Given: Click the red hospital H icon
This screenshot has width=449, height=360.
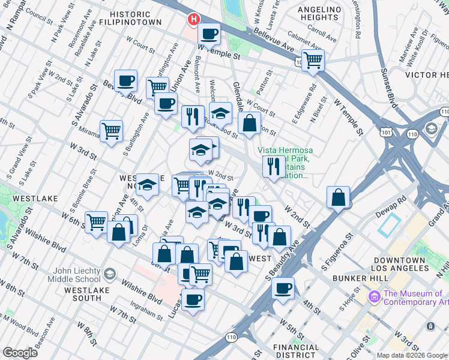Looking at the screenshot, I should [x=194, y=19].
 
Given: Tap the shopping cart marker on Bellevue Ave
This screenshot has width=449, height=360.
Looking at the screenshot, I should [x=313, y=60].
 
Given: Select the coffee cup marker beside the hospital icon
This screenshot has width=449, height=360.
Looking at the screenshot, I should [x=209, y=34].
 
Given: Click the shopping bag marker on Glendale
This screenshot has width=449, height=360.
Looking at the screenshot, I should [x=250, y=124].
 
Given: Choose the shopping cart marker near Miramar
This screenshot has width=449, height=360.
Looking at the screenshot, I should [x=112, y=130].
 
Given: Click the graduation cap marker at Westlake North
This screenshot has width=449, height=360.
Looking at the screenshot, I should [x=147, y=185].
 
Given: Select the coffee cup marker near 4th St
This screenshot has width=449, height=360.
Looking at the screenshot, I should [x=283, y=287].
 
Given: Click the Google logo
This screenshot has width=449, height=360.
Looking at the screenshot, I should [x=20, y=353].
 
